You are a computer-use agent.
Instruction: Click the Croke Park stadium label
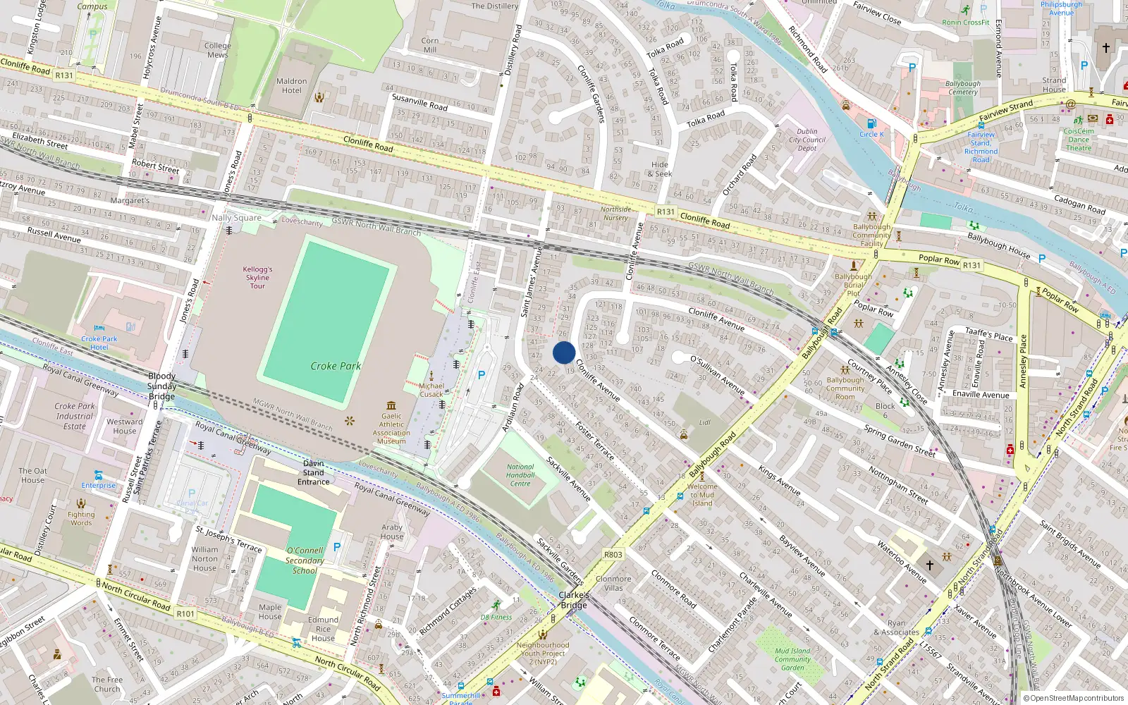pyautogui.click(x=336, y=366)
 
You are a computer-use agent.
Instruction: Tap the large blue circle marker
pyautogui.click(x=564, y=352)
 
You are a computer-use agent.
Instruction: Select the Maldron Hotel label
pyautogui.click(x=291, y=86)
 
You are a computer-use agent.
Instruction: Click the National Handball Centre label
pyautogui.click(x=520, y=475)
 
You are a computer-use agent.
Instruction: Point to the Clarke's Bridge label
pyautogui.click(x=574, y=600)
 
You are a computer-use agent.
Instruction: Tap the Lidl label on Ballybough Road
pyautogui.click(x=705, y=422)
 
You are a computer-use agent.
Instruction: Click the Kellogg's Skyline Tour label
pyautogui.click(x=257, y=277)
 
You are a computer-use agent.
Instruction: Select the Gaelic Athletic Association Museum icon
pyautogui.click(x=391, y=405)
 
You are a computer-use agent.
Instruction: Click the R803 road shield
pyautogui.click(x=613, y=555)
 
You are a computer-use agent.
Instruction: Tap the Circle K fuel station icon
pyautogui.click(x=871, y=123)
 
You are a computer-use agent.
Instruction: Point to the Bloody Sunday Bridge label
pyautogui.click(x=161, y=386)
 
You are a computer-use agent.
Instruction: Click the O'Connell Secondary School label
pyautogui.click(x=305, y=560)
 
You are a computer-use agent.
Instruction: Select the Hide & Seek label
pyautogui.click(x=661, y=169)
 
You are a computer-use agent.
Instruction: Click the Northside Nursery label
pyautogui.click(x=615, y=214)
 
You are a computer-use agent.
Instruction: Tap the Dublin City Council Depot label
pyautogui.click(x=807, y=140)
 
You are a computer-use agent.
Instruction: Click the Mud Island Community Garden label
pyautogui.click(x=792, y=659)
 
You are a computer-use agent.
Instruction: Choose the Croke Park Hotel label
pyautogui.click(x=99, y=343)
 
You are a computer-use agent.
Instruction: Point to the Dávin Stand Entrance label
pyautogui.click(x=313, y=472)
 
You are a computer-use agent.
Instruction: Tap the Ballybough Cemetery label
pyautogui.click(x=963, y=87)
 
